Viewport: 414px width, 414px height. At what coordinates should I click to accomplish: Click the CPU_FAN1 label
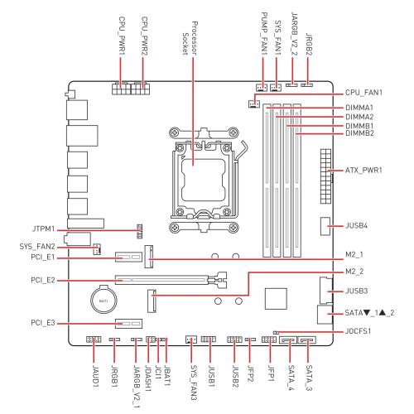pos(363,93)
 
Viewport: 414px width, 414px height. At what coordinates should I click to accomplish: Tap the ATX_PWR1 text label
pos(363,170)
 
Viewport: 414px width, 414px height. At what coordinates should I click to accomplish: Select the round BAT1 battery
pos(104,300)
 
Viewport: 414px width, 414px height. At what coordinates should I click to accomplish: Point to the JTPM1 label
pos(44,229)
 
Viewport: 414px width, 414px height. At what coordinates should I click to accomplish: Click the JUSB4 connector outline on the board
pos(325,226)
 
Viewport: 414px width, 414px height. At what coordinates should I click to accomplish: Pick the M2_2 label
pos(354,272)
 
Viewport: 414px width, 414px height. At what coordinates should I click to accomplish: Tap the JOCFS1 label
pos(358,330)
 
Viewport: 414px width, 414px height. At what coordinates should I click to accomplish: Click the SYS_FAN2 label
pos(37,247)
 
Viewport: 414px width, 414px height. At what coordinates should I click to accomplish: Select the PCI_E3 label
pos(43,323)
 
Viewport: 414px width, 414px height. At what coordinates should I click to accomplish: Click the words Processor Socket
pos(190,39)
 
